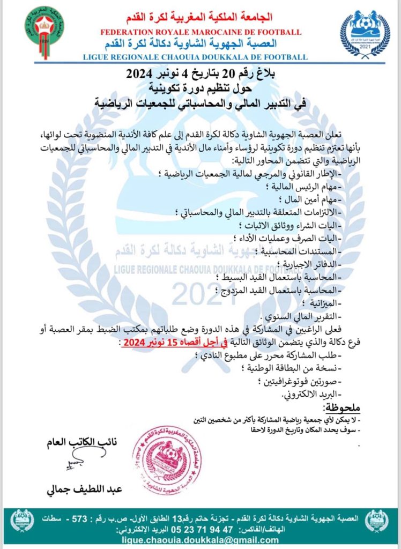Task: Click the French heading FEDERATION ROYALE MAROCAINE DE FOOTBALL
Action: pos(200,32)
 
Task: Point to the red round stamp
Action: pos(162,452)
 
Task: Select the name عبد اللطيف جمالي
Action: pos(86,489)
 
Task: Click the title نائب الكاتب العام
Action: pos(85,442)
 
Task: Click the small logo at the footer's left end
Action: pos(23,521)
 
